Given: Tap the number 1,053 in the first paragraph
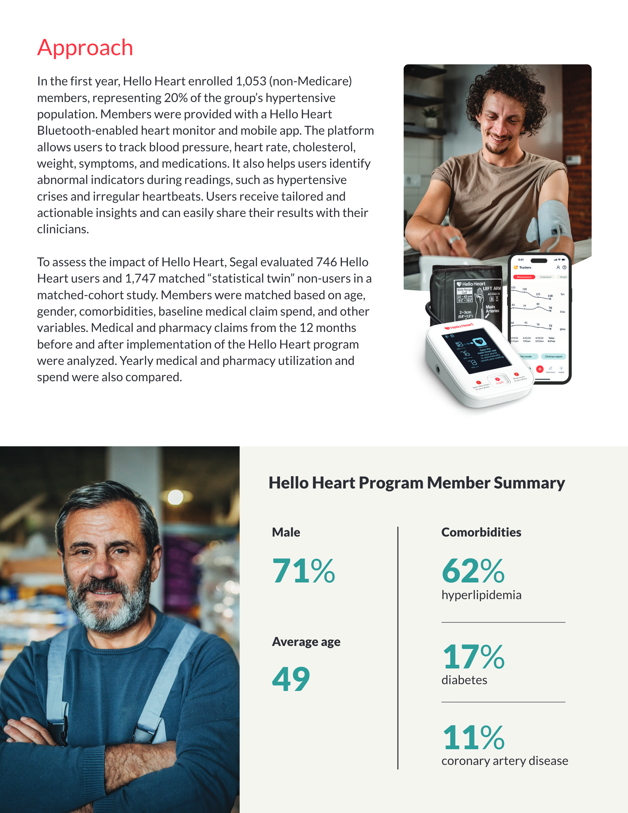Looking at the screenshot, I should click(251, 81).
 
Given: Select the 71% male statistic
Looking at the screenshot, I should click(304, 571).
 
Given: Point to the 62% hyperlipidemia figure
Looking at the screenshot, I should click(473, 571).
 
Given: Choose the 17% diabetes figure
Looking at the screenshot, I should click(473, 657).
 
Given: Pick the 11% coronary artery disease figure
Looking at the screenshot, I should click(473, 737).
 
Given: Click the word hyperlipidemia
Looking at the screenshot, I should click(481, 595).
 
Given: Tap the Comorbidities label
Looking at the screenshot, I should click(481, 532).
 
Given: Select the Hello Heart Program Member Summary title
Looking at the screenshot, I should click(417, 483).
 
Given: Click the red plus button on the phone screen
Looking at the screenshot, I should click(539, 369).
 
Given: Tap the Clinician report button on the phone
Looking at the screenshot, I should click(553, 357).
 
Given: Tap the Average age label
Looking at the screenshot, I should click(306, 642).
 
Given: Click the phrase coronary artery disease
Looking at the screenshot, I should click(504, 761).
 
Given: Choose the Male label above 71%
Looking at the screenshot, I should click(286, 532).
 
